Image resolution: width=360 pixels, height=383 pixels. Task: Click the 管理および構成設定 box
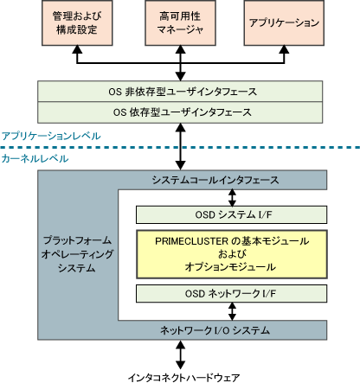point(77,22)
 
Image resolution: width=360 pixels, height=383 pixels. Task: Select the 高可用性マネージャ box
point(180,22)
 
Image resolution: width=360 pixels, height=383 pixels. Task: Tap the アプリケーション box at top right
point(284,22)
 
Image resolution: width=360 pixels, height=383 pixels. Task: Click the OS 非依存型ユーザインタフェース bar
point(180,92)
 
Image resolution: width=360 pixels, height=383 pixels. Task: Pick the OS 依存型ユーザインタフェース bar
point(180,112)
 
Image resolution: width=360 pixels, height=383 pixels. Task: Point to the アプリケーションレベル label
point(51,136)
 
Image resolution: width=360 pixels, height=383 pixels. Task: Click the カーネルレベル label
point(35,158)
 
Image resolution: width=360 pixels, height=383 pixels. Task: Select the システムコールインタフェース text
point(215,180)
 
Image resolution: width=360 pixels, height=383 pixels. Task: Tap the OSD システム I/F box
point(231,214)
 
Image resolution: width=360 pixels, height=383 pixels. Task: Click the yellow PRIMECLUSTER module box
point(232,254)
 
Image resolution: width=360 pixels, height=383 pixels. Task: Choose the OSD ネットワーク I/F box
point(231,294)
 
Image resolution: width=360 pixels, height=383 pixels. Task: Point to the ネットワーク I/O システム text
point(215,330)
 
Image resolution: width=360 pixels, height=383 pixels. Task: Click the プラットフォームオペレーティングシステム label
point(77,254)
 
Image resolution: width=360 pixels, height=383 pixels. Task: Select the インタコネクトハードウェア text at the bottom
point(183,377)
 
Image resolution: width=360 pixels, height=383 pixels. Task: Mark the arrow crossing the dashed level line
point(181,147)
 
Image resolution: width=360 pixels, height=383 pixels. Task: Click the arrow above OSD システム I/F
point(232,198)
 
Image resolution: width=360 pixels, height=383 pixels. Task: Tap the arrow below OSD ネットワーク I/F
point(232,311)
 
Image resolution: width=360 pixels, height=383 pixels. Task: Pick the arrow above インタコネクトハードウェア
point(181,354)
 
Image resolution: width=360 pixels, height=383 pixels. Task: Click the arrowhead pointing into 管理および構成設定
point(77,49)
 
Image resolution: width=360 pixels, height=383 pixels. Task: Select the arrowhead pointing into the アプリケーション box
point(284,49)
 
